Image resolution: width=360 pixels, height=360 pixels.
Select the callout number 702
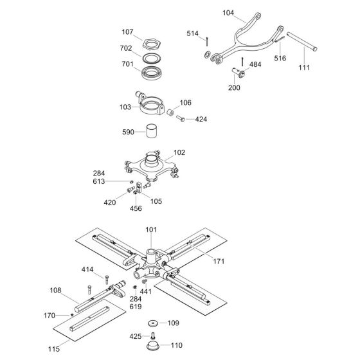click(x=127, y=48)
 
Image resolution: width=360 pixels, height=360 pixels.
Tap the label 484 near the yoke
click(x=255, y=64)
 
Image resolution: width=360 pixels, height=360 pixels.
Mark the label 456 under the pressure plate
click(x=136, y=209)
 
